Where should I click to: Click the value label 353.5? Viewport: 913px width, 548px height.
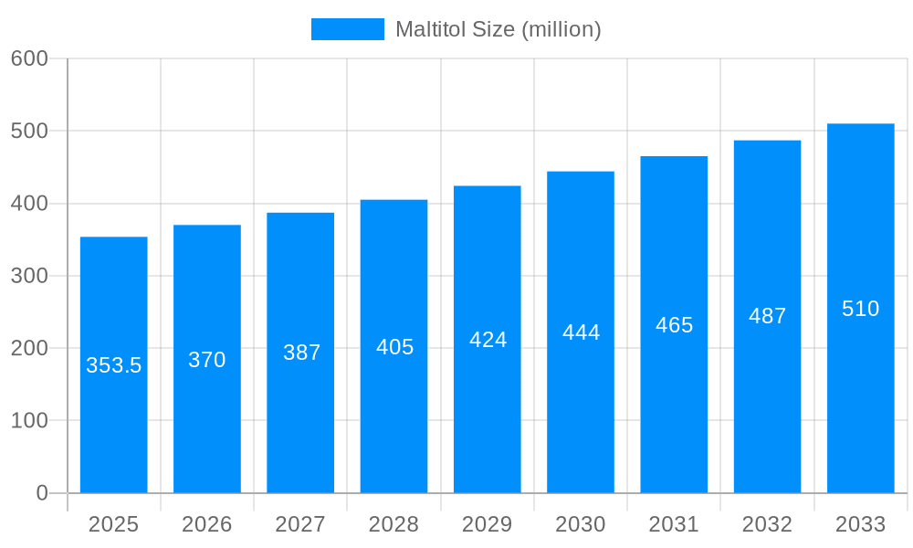pyautogui.click(x=114, y=365)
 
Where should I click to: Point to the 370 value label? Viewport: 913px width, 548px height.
pyautogui.click(x=207, y=360)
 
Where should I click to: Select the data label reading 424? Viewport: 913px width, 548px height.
pyautogui.click(x=488, y=340)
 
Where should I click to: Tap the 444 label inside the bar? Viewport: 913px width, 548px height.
pyautogui.click(x=581, y=332)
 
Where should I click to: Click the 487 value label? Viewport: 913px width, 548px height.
pyautogui.click(x=767, y=316)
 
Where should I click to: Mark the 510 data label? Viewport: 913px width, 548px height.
pyautogui.click(x=860, y=309)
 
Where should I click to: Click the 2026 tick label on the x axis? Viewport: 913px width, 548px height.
pyautogui.click(x=207, y=524)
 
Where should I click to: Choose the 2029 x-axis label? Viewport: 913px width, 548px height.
pyautogui.click(x=487, y=524)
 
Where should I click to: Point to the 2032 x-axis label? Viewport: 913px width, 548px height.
pyautogui.click(x=767, y=524)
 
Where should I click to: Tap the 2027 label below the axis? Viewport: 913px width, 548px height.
pyautogui.click(x=300, y=524)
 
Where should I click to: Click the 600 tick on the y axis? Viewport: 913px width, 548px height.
pyautogui.click(x=29, y=58)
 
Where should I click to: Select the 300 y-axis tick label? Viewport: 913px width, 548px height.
pyautogui.click(x=29, y=276)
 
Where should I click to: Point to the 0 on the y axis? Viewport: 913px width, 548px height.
pyautogui.click(x=42, y=493)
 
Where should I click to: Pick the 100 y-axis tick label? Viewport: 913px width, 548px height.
pyautogui.click(x=29, y=421)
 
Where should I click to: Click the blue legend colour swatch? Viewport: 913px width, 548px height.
pyautogui.click(x=347, y=29)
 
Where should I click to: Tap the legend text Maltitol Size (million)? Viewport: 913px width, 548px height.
pyautogui.click(x=498, y=29)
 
